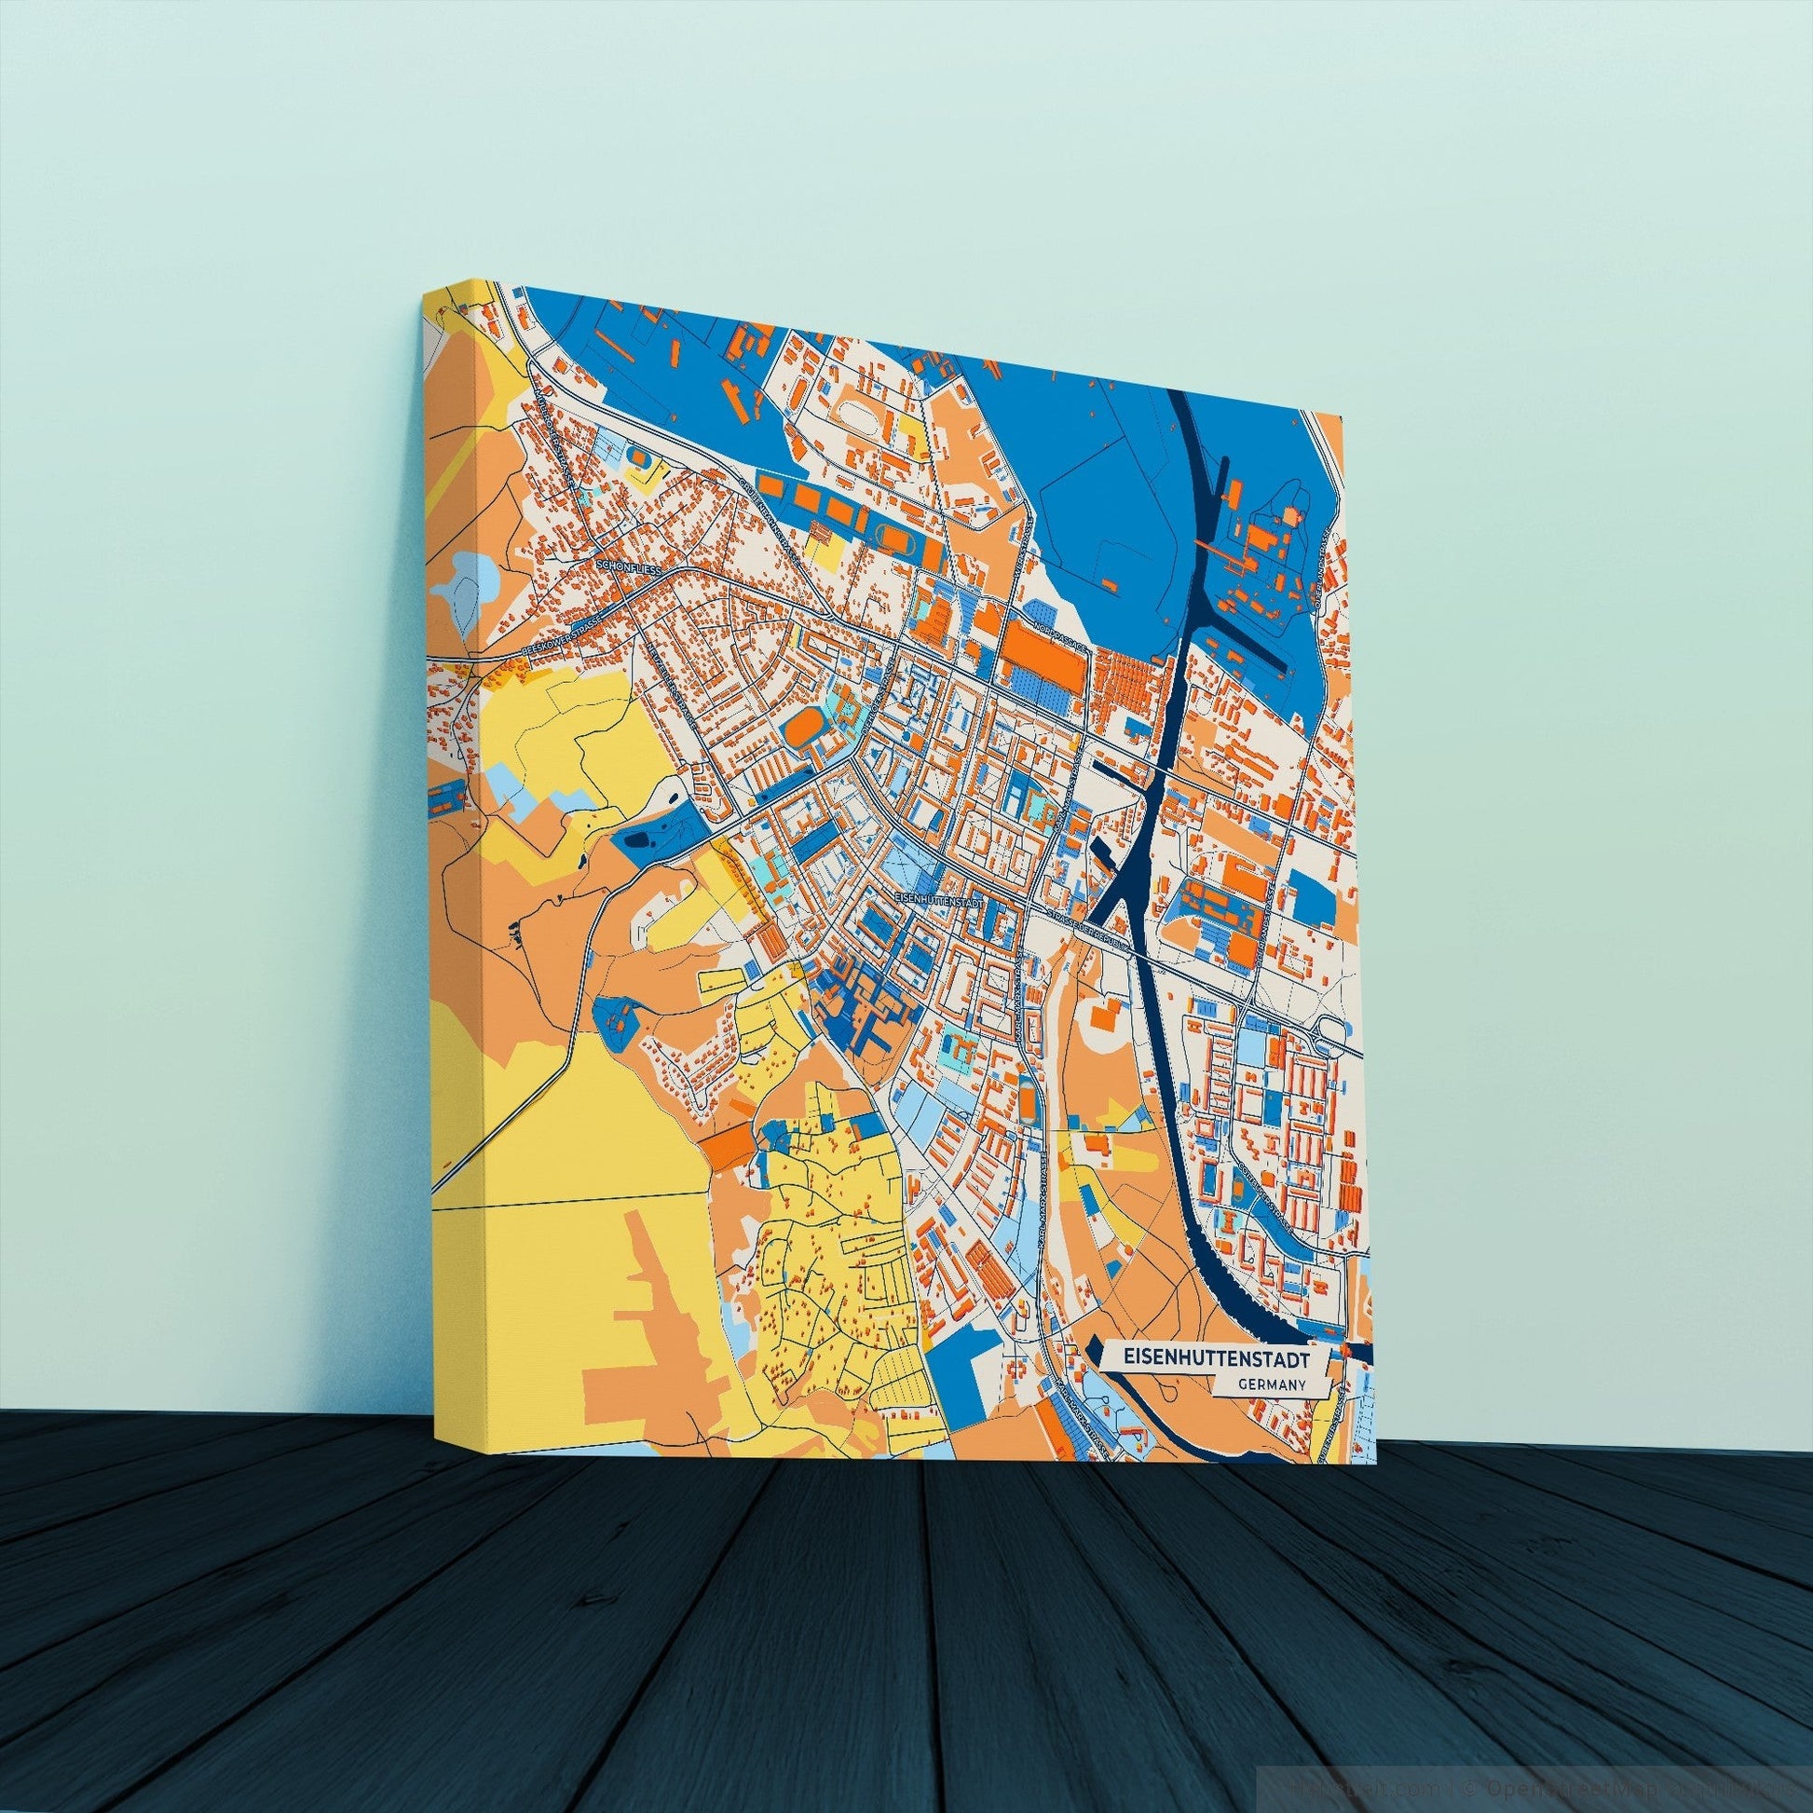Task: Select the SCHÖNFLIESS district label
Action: (x=629, y=568)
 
